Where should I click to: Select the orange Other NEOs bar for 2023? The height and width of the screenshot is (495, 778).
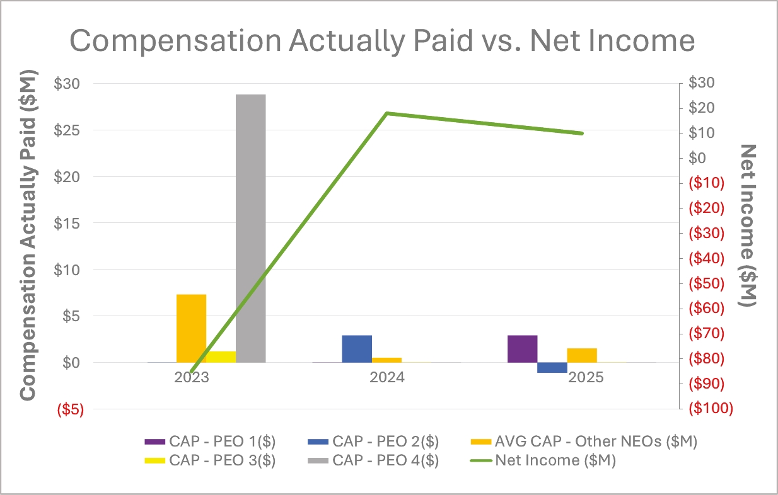pos(191,328)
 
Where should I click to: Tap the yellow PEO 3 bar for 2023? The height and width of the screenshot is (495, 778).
pos(221,356)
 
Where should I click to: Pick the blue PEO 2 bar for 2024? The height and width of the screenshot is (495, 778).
pos(357,348)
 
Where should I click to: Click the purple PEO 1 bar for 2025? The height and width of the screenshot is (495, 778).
pos(522,348)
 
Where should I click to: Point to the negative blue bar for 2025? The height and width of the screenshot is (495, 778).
pos(552,368)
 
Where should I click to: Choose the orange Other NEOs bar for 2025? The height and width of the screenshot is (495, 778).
pos(581,355)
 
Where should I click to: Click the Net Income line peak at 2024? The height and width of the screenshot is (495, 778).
pos(387,113)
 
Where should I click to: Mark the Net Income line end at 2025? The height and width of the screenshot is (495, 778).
pos(581,134)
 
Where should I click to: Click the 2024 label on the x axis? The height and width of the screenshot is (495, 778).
pos(387,378)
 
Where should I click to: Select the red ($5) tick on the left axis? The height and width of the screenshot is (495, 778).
pos(71,409)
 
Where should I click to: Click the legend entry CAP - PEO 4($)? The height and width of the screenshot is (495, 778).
pos(385,460)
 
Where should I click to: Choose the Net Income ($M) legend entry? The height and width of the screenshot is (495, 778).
pos(555,460)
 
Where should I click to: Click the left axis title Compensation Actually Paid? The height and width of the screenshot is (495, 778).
pos(28,236)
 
